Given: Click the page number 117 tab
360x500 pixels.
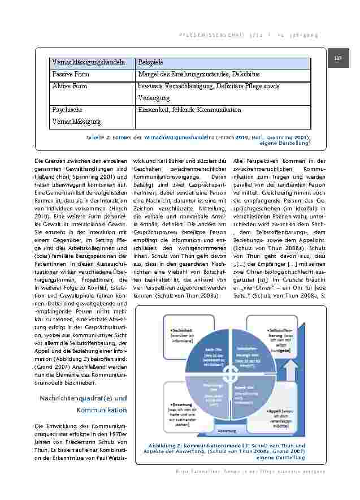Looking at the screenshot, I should pyautogui.click(x=339, y=58).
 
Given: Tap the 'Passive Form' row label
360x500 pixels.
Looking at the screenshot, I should pyautogui.click(x=71, y=74).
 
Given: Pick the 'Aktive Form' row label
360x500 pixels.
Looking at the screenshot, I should pyautogui.click(x=70, y=86).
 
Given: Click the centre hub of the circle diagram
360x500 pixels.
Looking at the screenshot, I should pyautogui.click(x=230, y=373).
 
